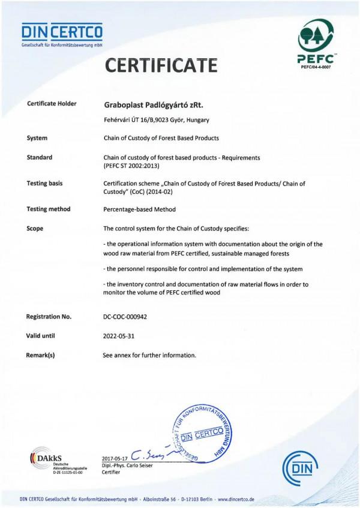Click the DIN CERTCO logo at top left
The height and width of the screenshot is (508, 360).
coord(62,35)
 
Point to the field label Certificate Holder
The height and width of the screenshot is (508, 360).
coord(52,104)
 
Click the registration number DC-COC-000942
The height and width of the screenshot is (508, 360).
coord(129,316)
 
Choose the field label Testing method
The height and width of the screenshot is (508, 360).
coord(49,209)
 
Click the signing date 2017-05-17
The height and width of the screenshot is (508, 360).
coord(115,459)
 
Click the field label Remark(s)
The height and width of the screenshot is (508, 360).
coord(41,355)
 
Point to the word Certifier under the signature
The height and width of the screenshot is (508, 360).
coord(112,473)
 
